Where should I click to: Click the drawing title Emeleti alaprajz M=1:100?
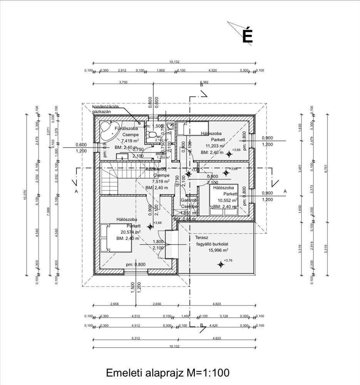167,373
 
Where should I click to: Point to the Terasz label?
201,238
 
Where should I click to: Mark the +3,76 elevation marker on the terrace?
221,264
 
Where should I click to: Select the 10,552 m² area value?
228,200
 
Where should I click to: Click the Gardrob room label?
189,200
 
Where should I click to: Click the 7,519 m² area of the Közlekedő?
161,181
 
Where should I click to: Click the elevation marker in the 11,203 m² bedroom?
229,154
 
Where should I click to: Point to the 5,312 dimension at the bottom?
135,339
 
